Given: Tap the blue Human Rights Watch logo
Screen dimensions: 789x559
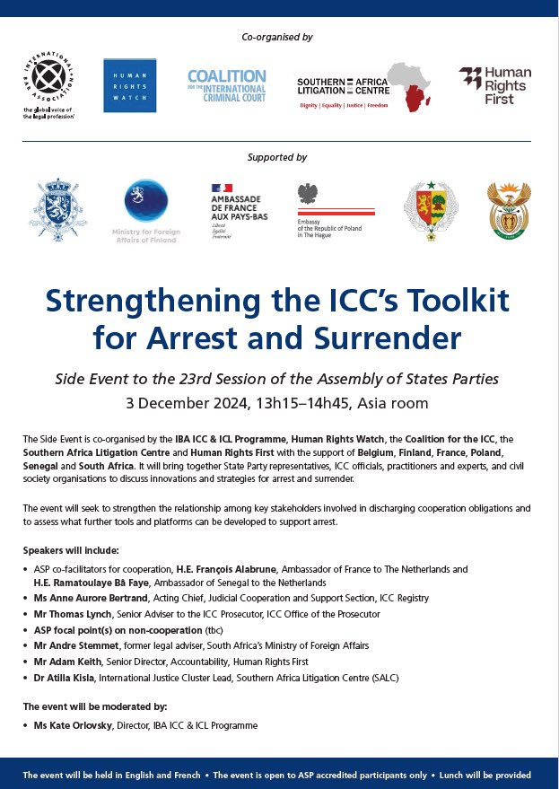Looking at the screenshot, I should [x=124, y=85].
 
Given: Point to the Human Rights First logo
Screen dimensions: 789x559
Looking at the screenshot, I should [x=494, y=85].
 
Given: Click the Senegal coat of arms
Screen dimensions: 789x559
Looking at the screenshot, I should [x=424, y=210].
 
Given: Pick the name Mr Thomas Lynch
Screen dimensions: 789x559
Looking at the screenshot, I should [x=68, y=614].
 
